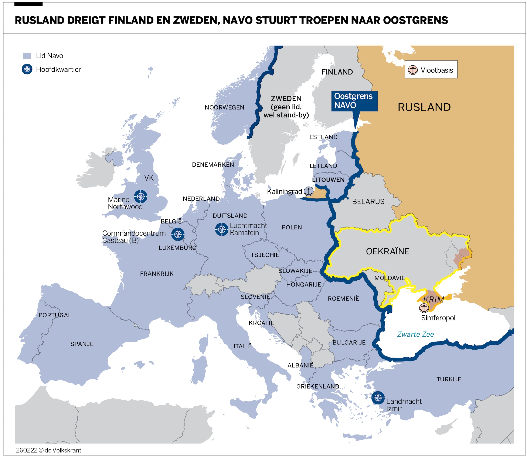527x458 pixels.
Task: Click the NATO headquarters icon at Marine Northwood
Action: click(140, 197)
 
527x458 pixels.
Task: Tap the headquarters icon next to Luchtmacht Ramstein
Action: click(221, 229)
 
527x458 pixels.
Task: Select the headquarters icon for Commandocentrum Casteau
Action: click(178, 234)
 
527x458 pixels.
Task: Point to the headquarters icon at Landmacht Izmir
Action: click(378, 398)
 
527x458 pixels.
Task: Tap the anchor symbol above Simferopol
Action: click(424, 308)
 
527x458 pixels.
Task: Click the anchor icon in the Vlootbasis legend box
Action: click(413, 70)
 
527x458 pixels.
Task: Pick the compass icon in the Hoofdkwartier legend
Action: click(27, 69)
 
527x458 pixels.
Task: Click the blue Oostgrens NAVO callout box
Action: click(354, 101)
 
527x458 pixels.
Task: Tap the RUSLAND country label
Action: click(424, 107)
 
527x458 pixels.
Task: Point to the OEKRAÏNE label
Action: click(388, 251)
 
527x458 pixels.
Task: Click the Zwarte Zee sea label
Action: click(415, 334)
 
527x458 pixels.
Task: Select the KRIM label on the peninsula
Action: click(433, 299)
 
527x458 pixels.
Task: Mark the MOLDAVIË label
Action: click(390, 278)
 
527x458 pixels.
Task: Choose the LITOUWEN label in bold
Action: click(328, 180)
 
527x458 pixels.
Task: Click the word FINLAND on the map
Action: click(337, 72)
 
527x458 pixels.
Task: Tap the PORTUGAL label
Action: click(55, 315)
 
